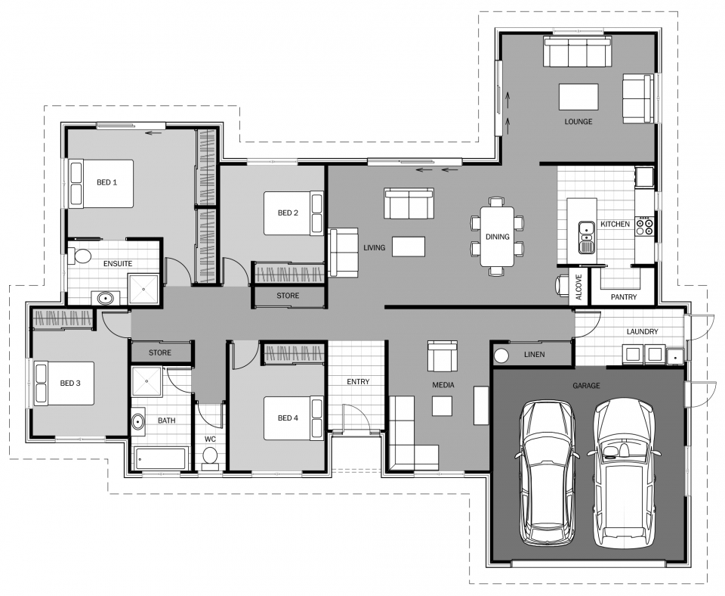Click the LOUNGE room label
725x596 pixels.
tap(578, 122)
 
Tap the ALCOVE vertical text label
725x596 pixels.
tap(579, 287)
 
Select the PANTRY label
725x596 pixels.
tap(624, 296)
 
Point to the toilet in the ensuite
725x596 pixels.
tap(80, 255)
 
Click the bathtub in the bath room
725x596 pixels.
tap(160, 458)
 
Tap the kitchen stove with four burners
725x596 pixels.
tap(644, 226)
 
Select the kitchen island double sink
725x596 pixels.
tap(586, 237)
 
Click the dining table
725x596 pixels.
tap(497, 237)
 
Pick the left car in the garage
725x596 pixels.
tap(547, 473)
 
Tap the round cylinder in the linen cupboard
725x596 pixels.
tap(501, 355)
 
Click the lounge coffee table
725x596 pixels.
tap(578, 97)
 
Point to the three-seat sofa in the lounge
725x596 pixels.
tap(578, 52)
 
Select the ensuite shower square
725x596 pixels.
tap(143, 290)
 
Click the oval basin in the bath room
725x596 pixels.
tap(137, 422)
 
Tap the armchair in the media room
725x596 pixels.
tap(443, 355)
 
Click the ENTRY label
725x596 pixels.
tap(358, 382)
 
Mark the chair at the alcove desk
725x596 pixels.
tap(561, 285)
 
